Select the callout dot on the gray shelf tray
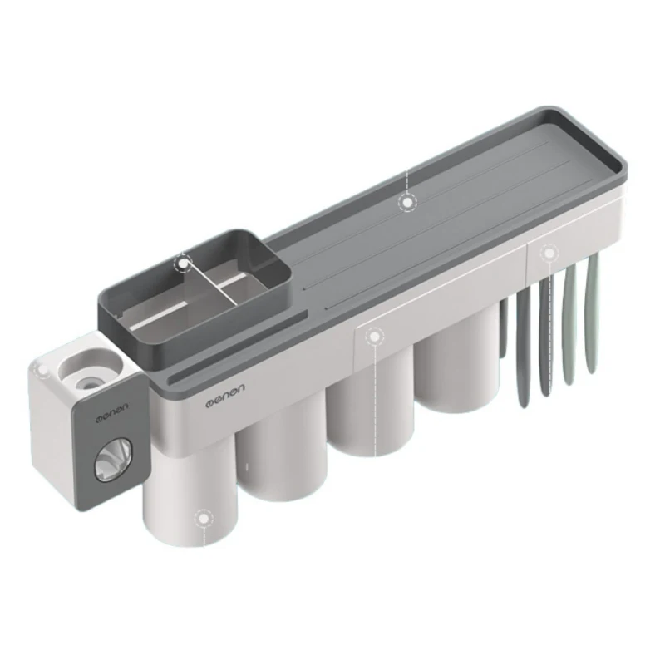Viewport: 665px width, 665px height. click(407, 203)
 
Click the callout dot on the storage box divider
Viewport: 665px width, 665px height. click(183, 264)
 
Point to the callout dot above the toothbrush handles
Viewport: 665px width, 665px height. click(549, 254)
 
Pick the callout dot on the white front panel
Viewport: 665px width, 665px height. click(374, 337)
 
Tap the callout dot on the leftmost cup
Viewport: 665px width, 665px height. click(204, 518)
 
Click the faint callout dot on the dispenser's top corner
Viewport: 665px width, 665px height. click(42, 370)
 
